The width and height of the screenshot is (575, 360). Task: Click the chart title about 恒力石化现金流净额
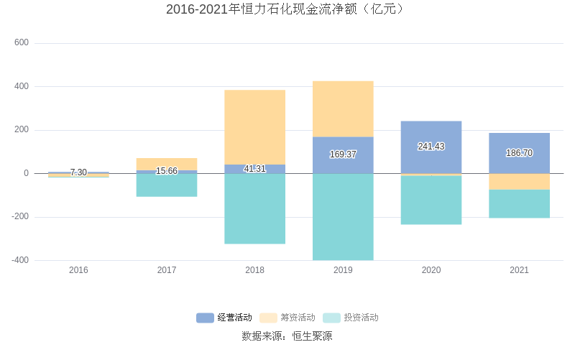287,9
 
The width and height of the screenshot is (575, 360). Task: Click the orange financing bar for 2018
254,126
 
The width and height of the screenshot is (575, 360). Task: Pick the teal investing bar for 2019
343,216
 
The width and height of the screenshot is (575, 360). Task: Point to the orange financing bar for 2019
343,109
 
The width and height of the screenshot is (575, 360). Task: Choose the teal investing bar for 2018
254,208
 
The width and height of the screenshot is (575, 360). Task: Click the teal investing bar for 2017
167,185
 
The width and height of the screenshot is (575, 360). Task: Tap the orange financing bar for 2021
519,181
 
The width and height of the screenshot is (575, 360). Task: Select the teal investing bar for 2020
431,200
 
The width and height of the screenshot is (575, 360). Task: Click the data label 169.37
343,154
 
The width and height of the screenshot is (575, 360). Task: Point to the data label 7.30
78,172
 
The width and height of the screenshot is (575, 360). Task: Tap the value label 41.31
254,169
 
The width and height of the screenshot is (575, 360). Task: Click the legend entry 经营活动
224,318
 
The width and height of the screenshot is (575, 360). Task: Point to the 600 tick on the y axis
22,43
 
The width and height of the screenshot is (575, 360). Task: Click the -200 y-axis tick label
19,217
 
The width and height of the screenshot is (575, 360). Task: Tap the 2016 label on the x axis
78,270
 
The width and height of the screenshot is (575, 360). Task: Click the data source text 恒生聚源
312,336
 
